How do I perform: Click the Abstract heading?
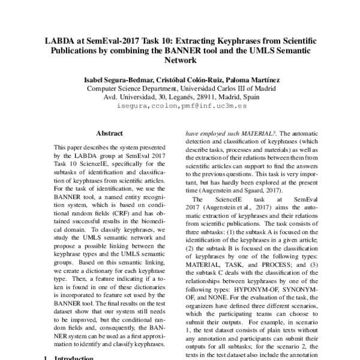pos(109,134)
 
